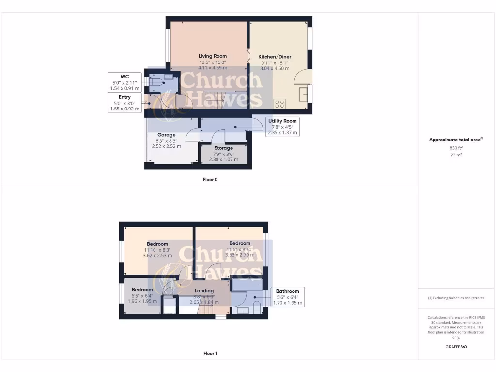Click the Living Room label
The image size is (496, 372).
[x=213, y=56]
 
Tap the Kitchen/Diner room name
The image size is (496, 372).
[x=275, y=57]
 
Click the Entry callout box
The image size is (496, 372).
[x=125, y=103]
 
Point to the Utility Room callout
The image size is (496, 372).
[x=283, y=126]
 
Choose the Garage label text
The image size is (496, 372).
[x=166, y=135]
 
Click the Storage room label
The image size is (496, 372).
[x=224, y=148]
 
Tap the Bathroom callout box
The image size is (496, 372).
[x=288, y=297]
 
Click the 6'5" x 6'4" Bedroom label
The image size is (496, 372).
[x=142, y=290]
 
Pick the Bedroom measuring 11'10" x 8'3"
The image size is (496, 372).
[x=157, y=244]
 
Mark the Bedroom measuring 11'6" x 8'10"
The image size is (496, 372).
[x=240, y=243]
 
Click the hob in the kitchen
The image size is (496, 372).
[x=279, y=103]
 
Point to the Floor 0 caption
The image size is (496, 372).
[x=210, y=179]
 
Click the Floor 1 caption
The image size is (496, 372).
[x=210, y=354]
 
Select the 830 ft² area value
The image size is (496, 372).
[x=456, y=148]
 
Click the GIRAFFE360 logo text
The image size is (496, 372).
[x=456, y=347]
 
